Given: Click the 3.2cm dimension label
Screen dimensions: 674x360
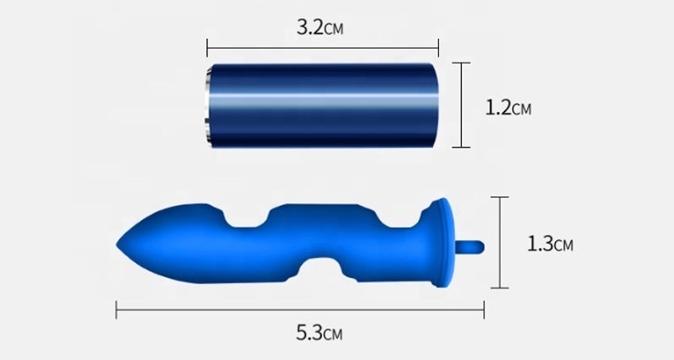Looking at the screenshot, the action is [x=320, y=28].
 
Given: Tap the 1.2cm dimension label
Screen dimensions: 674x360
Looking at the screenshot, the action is [x=508, y=107].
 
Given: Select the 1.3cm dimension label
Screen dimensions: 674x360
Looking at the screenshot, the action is [x=550, y=244].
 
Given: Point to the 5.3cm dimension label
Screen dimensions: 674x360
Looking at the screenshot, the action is [x=319, y=332].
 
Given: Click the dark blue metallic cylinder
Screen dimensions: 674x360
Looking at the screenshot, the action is [x=322, y=105].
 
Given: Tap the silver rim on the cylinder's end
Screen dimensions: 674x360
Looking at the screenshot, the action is [x=208, y=105].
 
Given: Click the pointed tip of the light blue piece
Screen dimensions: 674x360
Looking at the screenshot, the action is [x=118, y=244].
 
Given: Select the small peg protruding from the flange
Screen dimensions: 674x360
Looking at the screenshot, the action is [x=470, y=247].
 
